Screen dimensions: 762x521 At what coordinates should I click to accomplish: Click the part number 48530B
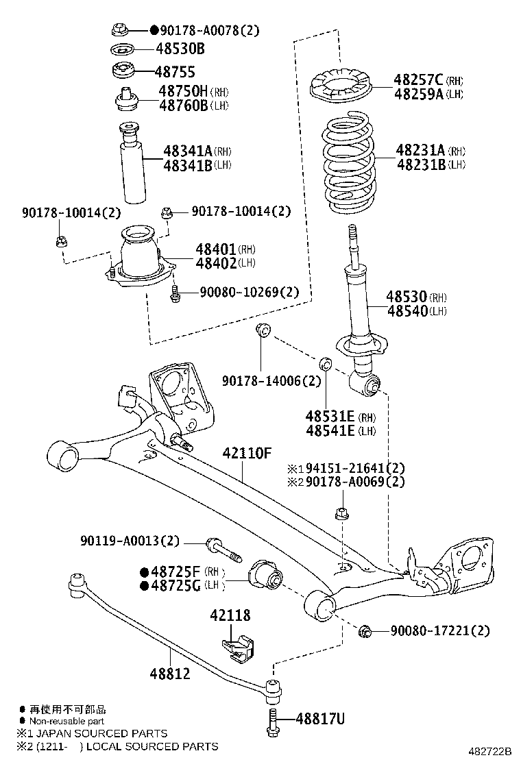180,49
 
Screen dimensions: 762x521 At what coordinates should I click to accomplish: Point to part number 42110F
247,454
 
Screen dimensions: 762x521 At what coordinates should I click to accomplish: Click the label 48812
170,674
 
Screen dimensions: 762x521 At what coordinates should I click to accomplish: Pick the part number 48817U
319,719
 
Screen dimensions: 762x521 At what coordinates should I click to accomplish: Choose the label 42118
230,615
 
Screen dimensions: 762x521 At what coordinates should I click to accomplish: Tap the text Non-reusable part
67,721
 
